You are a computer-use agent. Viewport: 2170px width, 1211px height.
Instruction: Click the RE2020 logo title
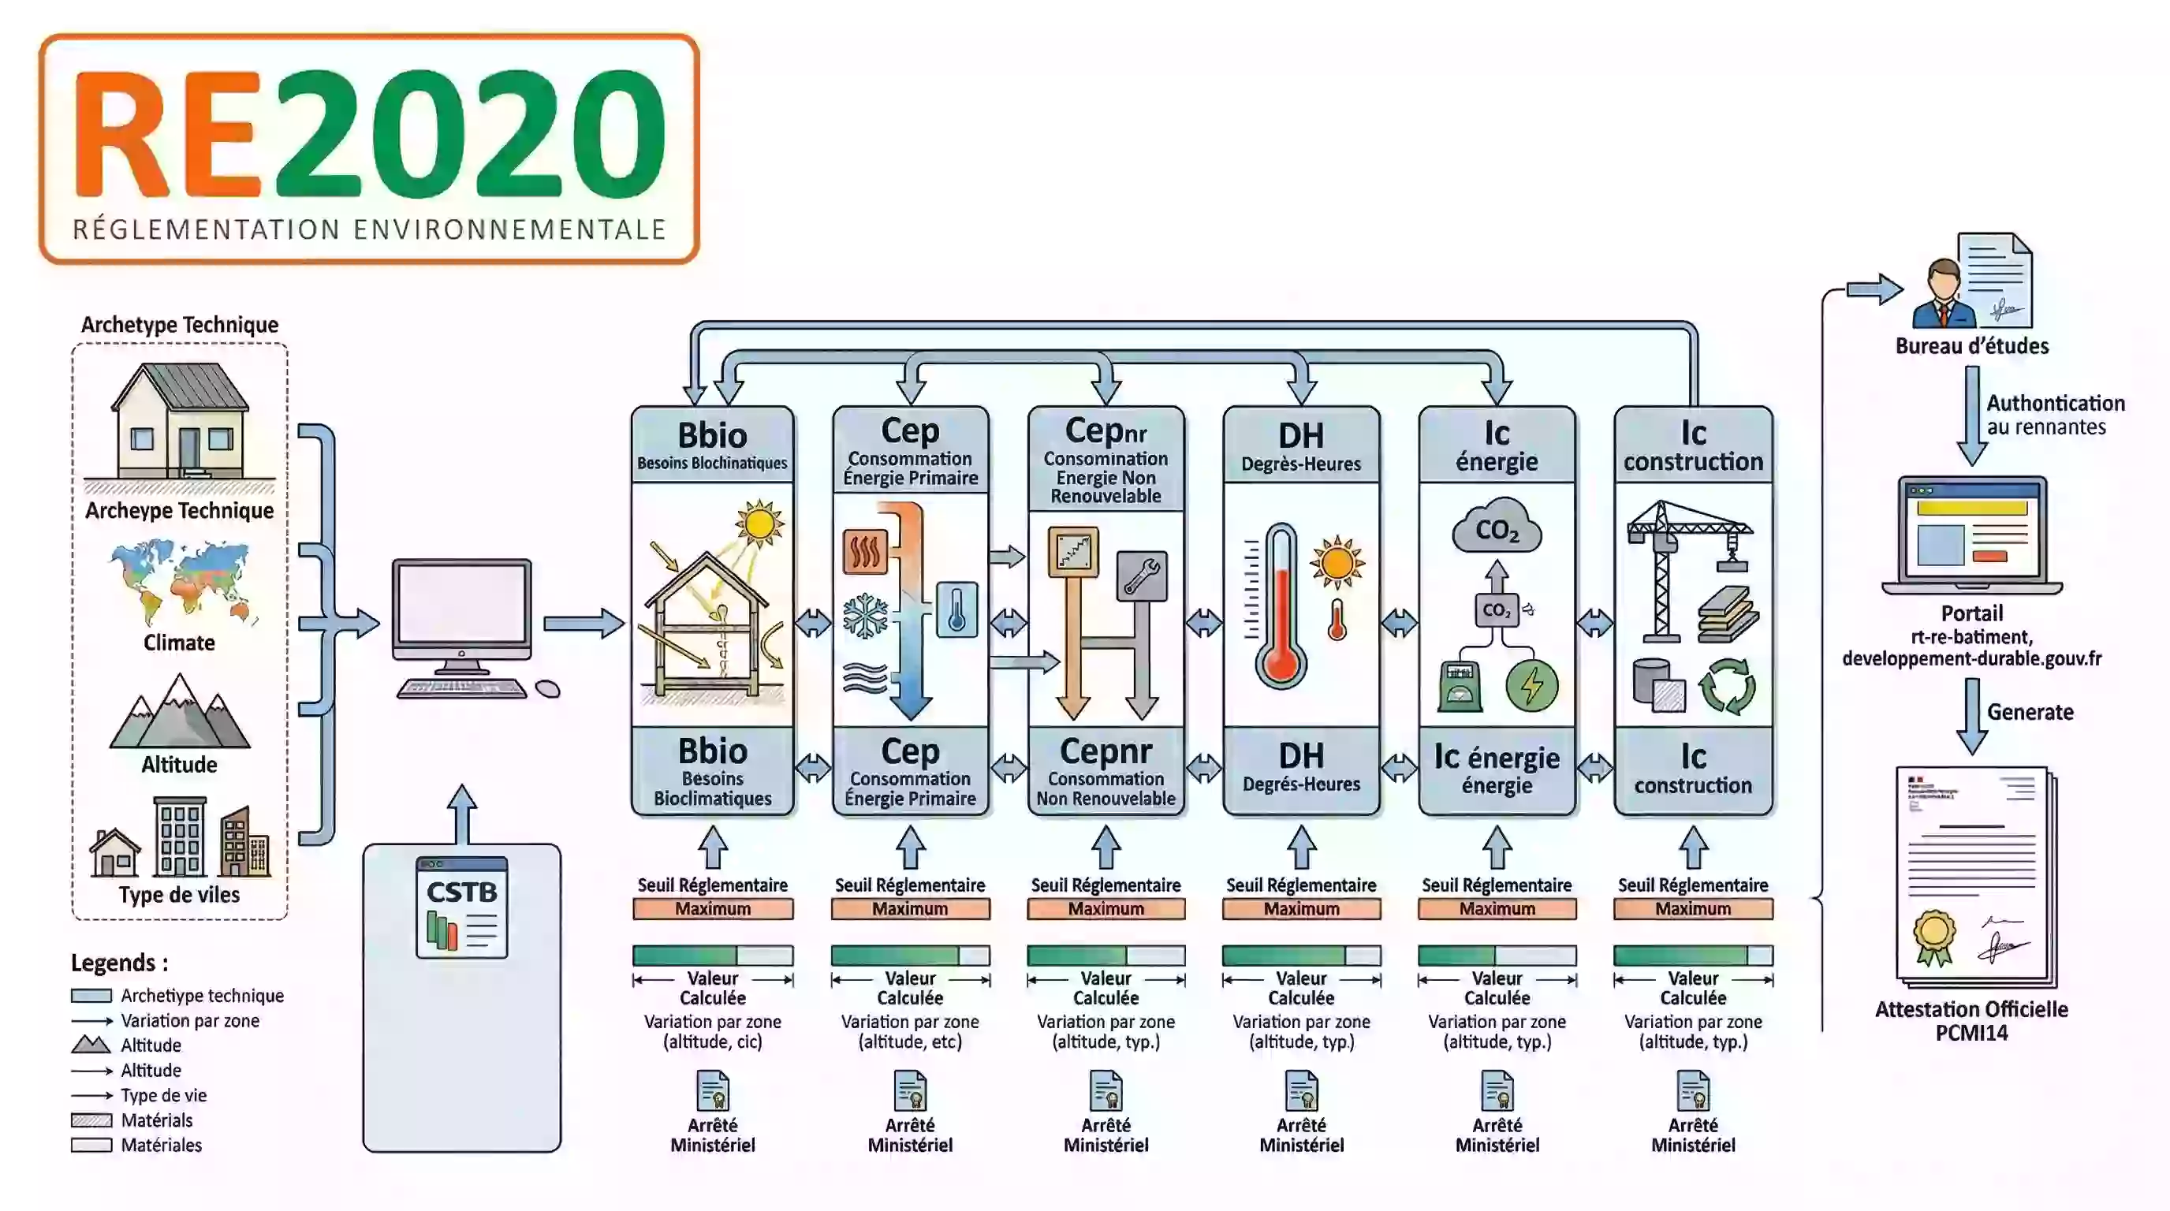tap(369, 135)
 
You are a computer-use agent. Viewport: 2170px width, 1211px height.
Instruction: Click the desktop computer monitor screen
tap(461, 603)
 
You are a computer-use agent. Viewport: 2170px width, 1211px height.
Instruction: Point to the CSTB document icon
tap(461, 907)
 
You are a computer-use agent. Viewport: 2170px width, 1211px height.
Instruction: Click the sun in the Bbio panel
tap(759, 523)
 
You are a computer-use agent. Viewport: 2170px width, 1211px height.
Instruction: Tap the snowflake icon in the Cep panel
tap(866, 616)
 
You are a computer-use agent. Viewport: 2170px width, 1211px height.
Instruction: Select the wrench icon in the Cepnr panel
tap(1142, 577)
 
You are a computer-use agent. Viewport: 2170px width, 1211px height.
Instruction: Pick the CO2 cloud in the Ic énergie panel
tap(1497, 527)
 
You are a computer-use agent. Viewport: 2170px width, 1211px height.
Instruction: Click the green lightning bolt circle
tap(1531, 684)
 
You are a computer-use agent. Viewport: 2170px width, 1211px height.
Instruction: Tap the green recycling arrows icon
tap(1727, 687)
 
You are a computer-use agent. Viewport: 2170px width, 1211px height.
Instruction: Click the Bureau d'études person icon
tap(1944, 295)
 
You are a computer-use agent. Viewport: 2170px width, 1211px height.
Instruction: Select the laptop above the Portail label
tap(1971, 535)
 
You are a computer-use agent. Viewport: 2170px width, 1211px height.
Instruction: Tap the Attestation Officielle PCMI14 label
tap(1971, 1021)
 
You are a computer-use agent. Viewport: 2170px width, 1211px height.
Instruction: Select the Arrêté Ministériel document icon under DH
tap(1302, 1091)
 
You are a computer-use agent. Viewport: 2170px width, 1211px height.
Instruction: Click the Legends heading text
tap(119, 963)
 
